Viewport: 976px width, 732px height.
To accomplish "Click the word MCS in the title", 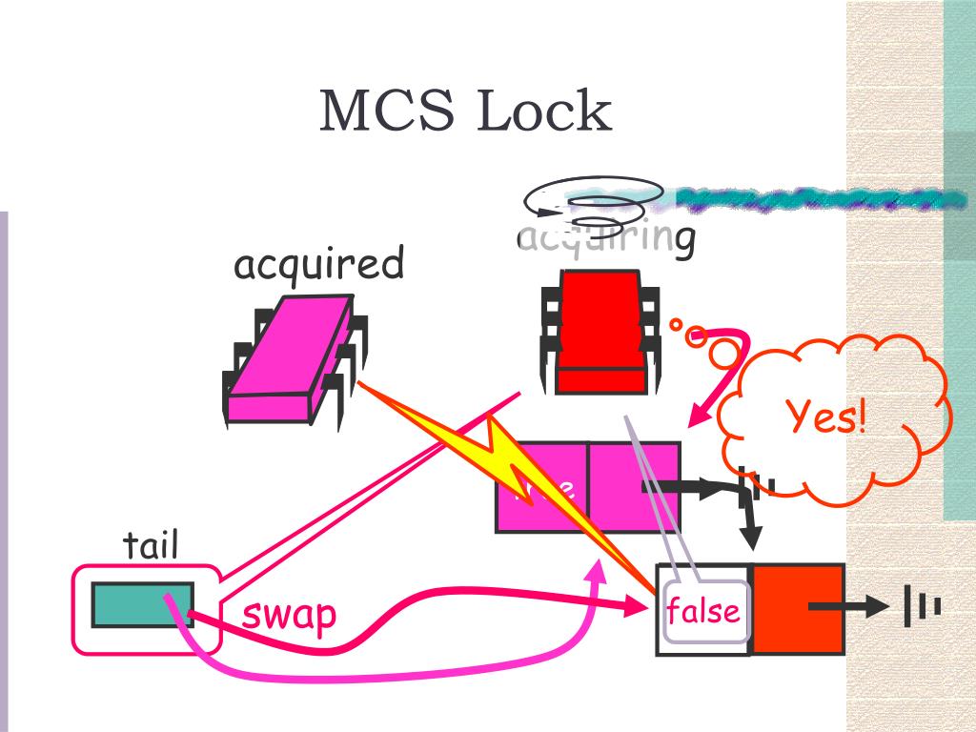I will point(381,112).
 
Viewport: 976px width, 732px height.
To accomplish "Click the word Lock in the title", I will point(543,112).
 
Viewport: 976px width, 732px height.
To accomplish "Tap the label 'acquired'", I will point(319,264).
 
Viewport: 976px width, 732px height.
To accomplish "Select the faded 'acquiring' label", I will point(605,237).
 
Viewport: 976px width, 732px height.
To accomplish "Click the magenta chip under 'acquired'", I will point(291,357).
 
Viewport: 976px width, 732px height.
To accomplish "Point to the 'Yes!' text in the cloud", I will point(826,417).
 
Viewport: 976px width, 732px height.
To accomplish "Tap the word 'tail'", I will point(151,546).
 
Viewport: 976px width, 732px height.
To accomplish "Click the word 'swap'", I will point(289,615).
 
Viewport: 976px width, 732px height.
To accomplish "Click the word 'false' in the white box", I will point(703,610).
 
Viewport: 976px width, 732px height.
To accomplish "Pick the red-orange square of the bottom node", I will point(797,609).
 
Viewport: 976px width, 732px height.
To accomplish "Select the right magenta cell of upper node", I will point(633,486).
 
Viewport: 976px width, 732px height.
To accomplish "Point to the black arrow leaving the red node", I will point(848,607).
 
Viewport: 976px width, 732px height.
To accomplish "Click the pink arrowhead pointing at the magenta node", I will point(702,415).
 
